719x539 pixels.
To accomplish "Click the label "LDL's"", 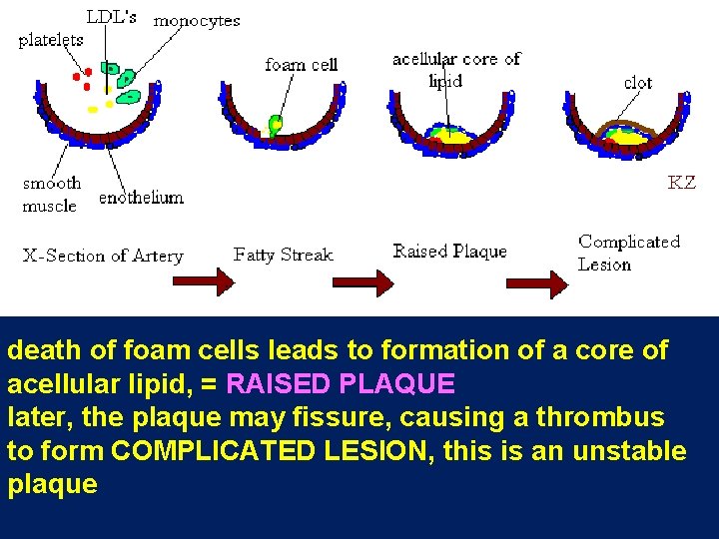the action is (112, 16).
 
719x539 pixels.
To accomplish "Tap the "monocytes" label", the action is (197, 20).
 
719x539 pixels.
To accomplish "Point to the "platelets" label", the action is (51, 41).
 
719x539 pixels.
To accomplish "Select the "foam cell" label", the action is (302, 65).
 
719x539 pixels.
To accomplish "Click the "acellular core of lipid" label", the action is (455, 69).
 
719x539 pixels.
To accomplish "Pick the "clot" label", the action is (638, 82).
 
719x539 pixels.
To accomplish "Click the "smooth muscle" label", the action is (51, 195).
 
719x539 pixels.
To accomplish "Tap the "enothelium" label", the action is (141, 198).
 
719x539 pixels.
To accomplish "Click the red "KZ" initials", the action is (681, 183).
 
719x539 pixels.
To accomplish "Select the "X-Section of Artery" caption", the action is (103, 256).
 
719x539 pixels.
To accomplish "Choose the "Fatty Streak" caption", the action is (283, 255).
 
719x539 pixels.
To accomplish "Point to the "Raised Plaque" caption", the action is (449, 252).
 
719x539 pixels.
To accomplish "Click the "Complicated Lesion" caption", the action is (628, 253).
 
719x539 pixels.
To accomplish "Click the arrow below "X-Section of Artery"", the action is (204, 282).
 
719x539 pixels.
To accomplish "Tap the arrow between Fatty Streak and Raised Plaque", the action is (362, 284).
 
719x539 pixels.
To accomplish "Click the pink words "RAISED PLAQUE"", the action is (342, 383).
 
